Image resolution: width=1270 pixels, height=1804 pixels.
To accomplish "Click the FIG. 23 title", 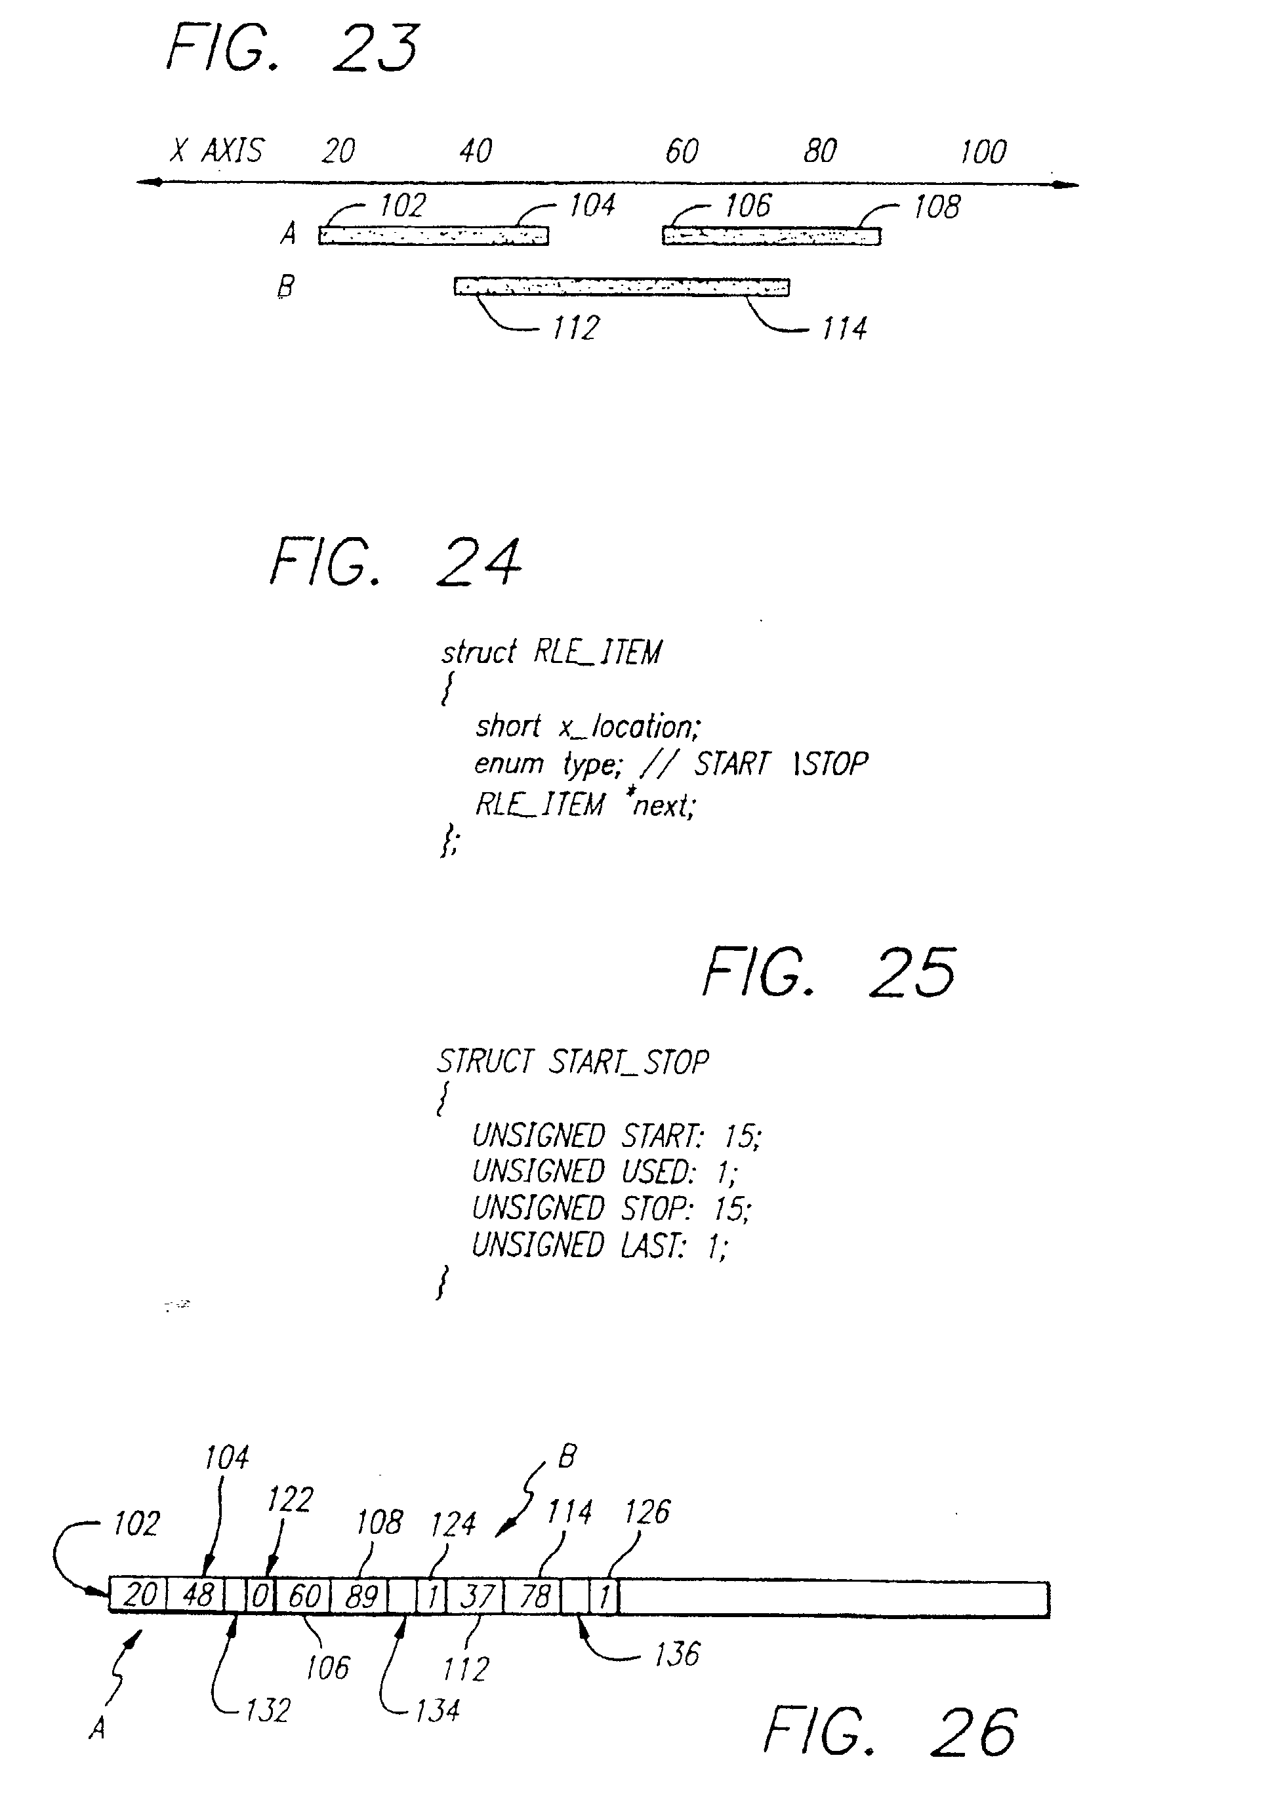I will (293, 49).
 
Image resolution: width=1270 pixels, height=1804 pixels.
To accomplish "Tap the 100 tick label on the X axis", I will (983, 151).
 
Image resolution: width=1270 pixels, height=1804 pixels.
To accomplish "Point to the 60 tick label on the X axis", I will (682, 151).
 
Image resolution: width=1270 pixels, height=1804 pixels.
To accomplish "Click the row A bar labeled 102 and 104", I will (433, 235).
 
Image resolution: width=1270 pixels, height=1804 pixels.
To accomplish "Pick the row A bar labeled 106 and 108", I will (771, 235).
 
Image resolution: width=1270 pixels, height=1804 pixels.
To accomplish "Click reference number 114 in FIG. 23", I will (844, 329).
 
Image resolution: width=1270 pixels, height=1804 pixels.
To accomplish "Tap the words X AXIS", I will (218, 150).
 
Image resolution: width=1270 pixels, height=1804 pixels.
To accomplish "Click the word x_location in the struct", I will (628, 727).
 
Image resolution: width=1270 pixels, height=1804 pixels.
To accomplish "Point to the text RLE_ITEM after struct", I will (597, 652).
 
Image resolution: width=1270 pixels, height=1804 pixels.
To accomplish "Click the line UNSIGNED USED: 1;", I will (604, 1173).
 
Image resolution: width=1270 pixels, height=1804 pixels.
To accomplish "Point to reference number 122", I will (290, 1500).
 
